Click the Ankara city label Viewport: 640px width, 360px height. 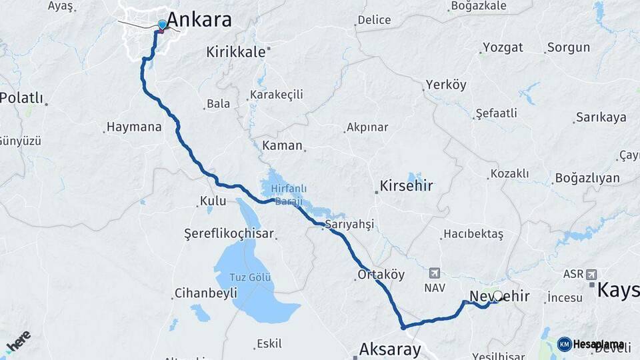coord(199,19)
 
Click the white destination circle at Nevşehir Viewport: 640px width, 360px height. coord(497,295)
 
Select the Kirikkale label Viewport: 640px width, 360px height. coord(235,52)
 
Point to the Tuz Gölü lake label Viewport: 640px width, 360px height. coord(251,277)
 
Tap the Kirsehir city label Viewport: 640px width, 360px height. coord(406,185)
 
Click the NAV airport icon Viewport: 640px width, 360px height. coord(435,273)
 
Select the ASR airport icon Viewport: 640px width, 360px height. coord(591,274)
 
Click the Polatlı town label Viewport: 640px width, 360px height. coord(21,98)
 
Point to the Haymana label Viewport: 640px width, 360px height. coord(134,127)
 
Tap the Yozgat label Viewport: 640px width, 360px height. coord(503,48)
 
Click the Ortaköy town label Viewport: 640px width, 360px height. coord(381,274)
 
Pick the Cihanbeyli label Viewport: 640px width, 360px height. coord(205,293)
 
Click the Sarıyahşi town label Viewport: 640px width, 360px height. coord(350,224)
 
